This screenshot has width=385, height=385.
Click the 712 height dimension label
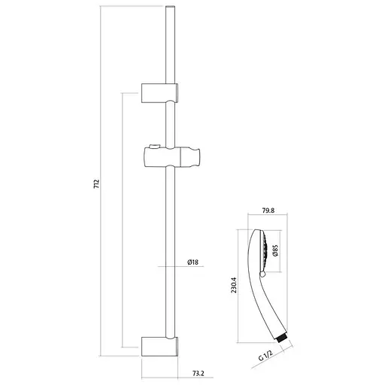(96, 184)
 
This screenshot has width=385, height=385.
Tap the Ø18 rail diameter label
(192, 262)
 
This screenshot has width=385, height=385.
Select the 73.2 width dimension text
(199, 373)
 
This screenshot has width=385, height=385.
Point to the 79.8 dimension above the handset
(268, 211)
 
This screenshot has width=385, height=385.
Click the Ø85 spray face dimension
(275, 250)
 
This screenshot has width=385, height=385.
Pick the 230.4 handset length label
(234, 285)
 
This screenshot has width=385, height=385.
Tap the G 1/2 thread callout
(265, 356)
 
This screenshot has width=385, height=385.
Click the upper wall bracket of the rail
(159, 93)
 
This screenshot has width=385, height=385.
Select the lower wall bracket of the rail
(159, 347)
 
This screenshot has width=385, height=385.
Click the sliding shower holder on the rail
(172, 157)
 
